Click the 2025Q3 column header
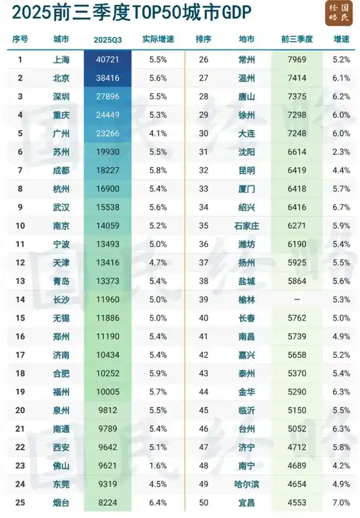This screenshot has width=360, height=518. click(x=107, y=39)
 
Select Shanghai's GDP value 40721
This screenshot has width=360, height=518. click(x=107, y=60)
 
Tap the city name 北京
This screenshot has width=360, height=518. click(x=61, y=78)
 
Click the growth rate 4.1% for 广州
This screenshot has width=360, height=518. click(x=158, y=133)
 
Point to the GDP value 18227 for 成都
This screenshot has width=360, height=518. click(x=107, y=170)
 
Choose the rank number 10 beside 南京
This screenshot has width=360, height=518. click(x=20, y=226)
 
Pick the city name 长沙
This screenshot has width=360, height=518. click(x=61, y=300)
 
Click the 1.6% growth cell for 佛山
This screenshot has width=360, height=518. click(x=158, y=466)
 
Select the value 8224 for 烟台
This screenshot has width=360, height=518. click(x=107, y=503)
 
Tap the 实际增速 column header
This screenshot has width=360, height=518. click(x=158, y=39)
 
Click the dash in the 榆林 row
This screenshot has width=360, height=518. click(x=296, y=300)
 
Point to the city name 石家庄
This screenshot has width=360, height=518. click(x=246, y=226)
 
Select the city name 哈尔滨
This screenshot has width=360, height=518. click(x=246, y=484)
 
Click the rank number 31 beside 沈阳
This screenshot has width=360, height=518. click(x=203, y=152)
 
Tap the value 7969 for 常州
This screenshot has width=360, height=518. click(x=296, y=60)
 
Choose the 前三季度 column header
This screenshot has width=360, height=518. click(x=296, y=39)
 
